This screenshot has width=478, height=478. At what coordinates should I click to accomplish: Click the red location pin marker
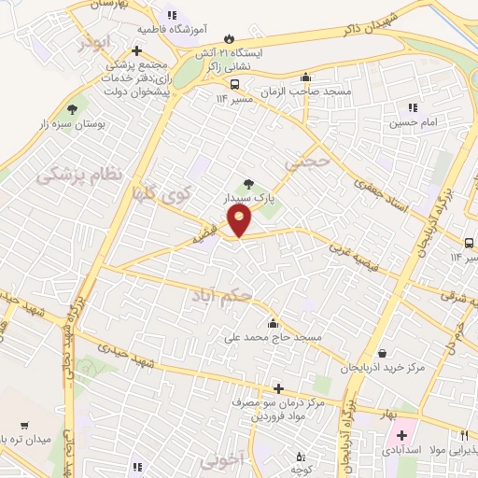point(240,220)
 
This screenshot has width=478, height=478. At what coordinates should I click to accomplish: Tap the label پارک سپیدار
point(247,198)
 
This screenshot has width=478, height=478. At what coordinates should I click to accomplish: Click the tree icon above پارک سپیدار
point(247,184)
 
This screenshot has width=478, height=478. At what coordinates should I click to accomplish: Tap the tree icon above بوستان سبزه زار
point(73,109)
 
